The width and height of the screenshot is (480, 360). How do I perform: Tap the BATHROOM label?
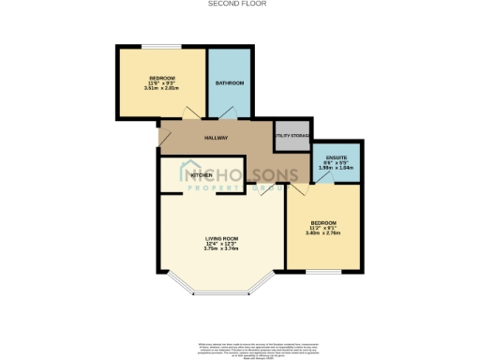pos(230,83)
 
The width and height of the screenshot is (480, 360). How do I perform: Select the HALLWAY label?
pos(217,138)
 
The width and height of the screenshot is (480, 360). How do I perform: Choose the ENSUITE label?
pos(336,157)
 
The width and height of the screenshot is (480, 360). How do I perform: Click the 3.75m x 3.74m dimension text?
pos(223,249)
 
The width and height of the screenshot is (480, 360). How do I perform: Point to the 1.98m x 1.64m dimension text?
pos(336,169)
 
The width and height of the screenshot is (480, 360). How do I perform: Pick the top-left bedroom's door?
pos(191,114)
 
